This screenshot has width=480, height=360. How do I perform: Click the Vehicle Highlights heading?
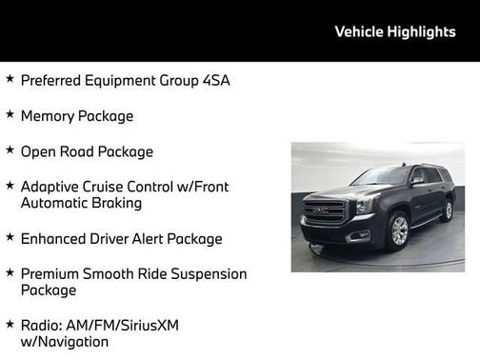[x=395, y=31]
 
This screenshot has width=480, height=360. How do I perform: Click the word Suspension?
[x=207, y=273]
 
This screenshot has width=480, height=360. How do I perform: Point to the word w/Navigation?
[x=65, y=341]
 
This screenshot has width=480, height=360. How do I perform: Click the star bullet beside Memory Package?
[x=10, y=114]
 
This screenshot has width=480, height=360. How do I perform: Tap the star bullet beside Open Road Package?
[x=10, y=150]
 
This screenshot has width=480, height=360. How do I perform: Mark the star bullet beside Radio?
[x=10, y=323]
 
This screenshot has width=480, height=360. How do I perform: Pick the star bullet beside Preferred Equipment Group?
[x=10, y=79]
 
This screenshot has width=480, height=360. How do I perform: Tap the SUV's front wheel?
[x=399, y=230]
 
